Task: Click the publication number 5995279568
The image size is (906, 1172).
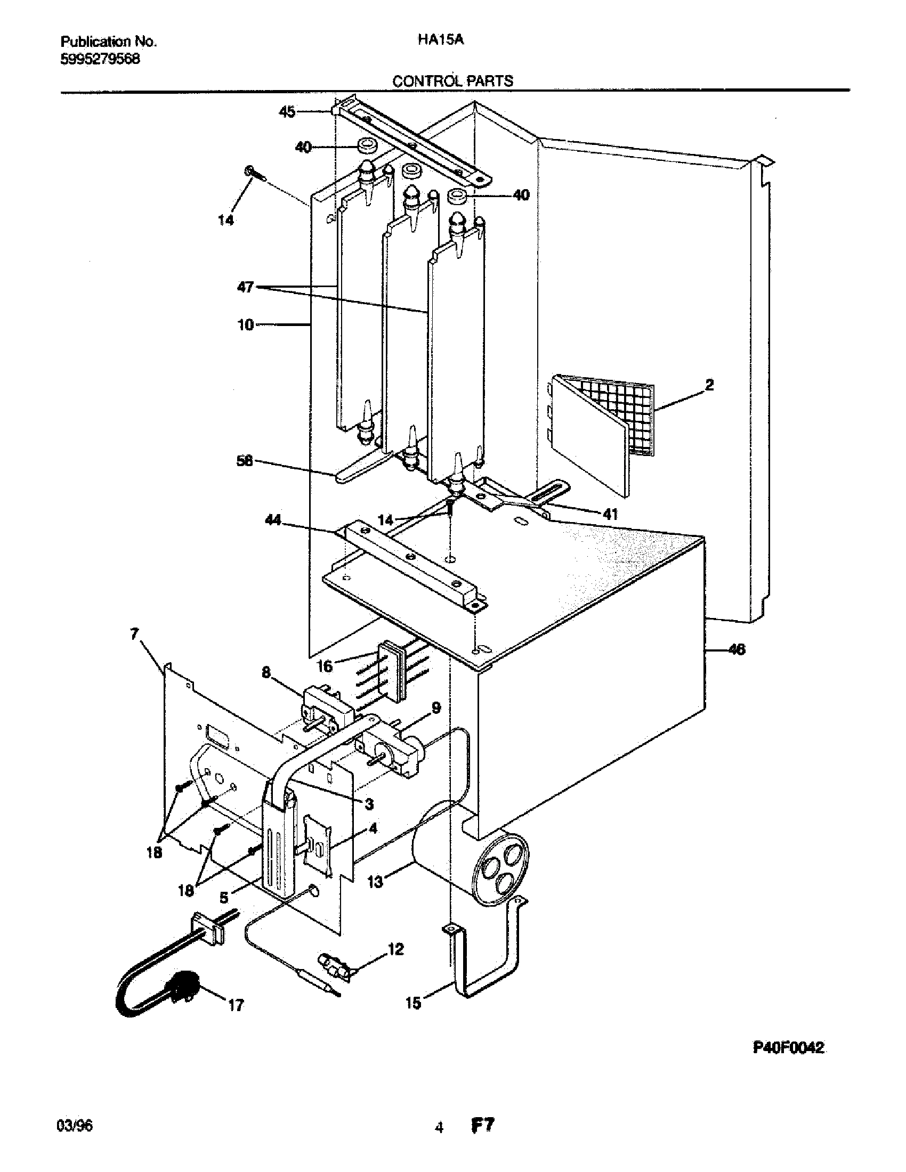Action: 100,59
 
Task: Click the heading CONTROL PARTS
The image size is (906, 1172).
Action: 452,81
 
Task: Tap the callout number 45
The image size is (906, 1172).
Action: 287,112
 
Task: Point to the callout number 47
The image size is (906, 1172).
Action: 245,288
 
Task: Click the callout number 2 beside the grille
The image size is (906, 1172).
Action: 709,385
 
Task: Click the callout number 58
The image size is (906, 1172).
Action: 245,461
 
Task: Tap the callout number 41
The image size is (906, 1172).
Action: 610,514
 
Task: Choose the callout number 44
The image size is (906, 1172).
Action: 273,519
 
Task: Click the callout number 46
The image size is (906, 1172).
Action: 737,650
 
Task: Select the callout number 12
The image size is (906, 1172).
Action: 395,949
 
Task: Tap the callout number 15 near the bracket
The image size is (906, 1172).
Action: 413,1003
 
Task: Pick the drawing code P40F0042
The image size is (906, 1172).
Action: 788,1048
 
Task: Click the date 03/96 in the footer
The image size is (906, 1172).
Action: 74,1125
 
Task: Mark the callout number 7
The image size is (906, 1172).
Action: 135,635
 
